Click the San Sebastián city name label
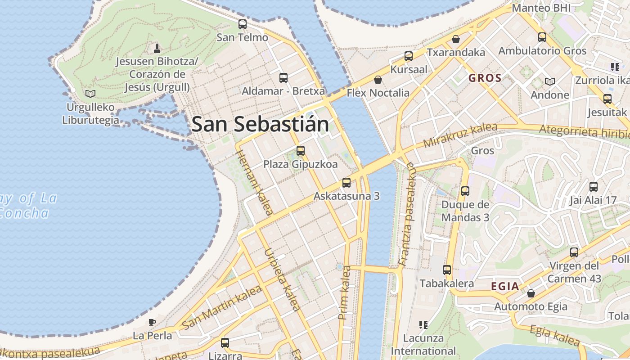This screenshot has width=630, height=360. point(260,124)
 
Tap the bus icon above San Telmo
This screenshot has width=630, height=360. point(243,24)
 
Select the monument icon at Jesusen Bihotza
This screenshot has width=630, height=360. point(157,48)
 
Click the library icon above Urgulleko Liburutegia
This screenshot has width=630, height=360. point(90,94)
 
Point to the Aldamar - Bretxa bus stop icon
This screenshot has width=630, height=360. point(283,78)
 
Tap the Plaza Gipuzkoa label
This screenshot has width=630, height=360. point(300,164)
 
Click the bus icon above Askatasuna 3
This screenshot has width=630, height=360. point(346,183)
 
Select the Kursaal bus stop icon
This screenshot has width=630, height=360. point(409,56)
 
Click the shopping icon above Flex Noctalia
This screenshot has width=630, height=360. point(378,80)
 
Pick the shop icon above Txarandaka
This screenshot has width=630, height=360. point(456,39)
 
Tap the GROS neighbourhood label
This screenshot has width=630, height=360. point(485,78)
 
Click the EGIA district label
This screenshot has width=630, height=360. point(505,286)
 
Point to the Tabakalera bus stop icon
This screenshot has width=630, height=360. point(447,270)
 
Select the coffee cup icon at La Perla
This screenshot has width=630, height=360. point(152,322)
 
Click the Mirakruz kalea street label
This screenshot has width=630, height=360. point(460,135)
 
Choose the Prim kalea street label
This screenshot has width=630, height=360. point(345,292)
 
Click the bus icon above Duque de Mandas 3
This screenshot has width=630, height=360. point(465,191)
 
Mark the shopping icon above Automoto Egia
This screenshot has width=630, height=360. point(531,293)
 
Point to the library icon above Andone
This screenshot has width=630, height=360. point(549,81)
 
